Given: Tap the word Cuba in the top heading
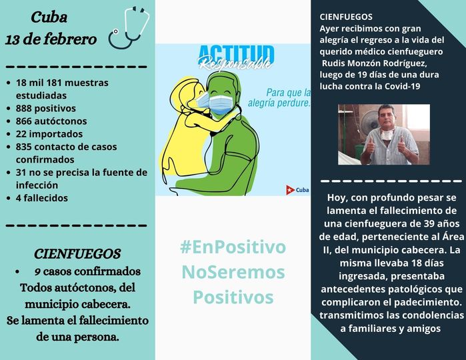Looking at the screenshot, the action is coord(49,17).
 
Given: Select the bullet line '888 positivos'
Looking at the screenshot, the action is coord(46,108).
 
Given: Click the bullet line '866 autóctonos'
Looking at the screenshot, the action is coord(51,121).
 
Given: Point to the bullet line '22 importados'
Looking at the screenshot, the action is coord(49,134).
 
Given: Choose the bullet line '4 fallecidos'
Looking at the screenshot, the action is coord(42,198).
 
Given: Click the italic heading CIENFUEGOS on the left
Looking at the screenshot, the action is coord(77,254).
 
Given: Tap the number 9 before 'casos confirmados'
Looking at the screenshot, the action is coord(37,272).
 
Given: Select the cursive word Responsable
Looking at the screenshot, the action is coord(235,63).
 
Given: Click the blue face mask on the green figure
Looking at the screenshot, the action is coord(221,104).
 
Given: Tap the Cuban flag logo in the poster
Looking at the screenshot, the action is coord(290,189).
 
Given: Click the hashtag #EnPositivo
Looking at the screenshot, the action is coord(233,247).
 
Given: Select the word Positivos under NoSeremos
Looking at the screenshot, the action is coord(233,297).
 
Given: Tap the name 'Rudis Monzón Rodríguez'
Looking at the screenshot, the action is coord(375,63).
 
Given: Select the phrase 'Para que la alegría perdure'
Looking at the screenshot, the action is coord(279,98).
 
